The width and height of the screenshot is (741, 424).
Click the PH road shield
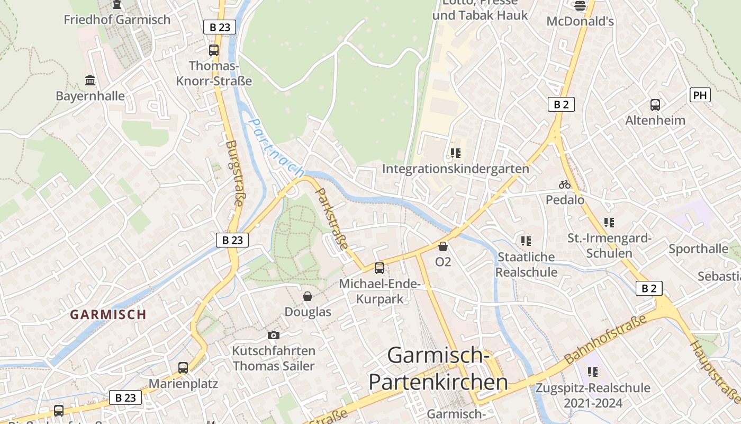(x=700, y=95)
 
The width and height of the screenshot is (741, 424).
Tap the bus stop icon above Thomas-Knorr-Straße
(x=214, y=50)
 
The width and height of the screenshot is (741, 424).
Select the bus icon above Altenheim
(x=655, y=105)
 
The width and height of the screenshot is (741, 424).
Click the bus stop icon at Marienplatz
(x=183, y=367)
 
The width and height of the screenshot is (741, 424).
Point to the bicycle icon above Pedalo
(x=565, y=185)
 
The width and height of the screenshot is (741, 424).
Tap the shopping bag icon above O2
(x=443, y=246)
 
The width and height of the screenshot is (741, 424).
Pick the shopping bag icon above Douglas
(x=308, y=296)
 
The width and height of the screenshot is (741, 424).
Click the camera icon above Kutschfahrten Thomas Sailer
(x=274, y=335)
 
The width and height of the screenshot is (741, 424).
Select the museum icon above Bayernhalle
(x=91, y=81)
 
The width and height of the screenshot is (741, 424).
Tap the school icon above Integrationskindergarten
(x=456, y=154)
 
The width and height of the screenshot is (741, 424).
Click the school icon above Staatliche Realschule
(x=526, y=242)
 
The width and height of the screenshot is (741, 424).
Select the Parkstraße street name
(x=332, y=218)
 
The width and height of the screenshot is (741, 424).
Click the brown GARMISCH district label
(x=109, y=314)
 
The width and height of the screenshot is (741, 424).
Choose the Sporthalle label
(x=698, y=249)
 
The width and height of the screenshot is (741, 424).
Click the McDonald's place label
(x=580, y=21)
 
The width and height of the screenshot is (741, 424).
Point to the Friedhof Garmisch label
(x=117, y=20)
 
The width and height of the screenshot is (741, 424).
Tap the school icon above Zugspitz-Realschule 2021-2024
(x=593, y=372)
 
